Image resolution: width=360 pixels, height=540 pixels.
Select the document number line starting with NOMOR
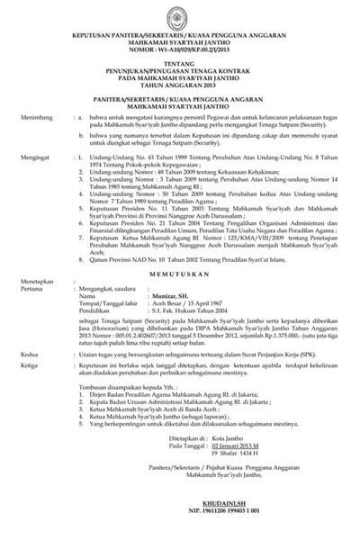pyautogui.click(x=180, y=41)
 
